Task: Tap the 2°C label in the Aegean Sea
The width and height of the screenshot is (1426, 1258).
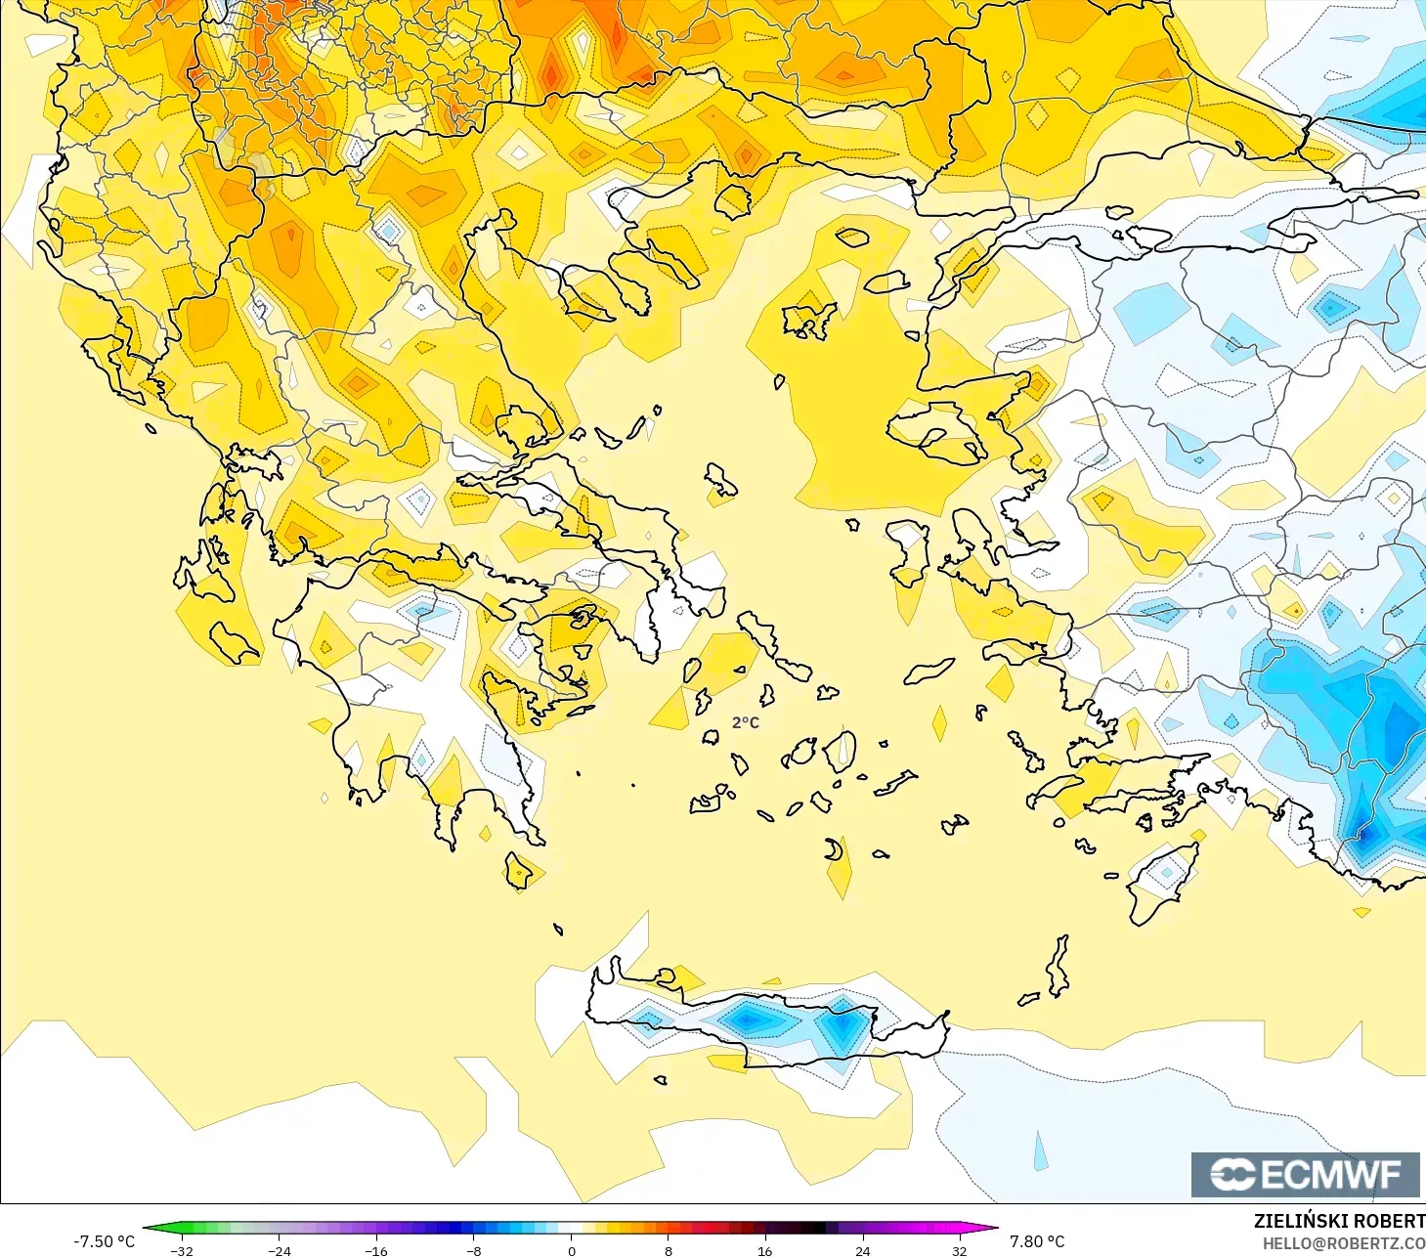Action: coord(745,722)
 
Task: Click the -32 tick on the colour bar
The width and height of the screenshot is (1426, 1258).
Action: coord(182,1250)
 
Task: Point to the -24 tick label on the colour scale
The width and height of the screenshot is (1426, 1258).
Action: coord(280,1250)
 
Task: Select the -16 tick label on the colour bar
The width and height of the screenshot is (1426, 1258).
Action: coord(376,1250)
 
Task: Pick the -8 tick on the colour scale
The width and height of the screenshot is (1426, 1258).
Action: coord(474,1250)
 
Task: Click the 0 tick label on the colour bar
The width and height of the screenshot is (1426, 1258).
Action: coord(572,1250)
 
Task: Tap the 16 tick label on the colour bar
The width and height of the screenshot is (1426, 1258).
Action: coord(764,1250)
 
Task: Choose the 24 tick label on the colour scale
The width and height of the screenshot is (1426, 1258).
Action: coord(862,1250)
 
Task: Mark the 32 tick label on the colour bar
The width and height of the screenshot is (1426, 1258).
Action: coord(959,1250)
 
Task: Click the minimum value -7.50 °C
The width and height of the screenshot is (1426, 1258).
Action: coord(105,1241)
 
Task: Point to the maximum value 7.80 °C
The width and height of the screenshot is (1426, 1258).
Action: coord(1037,1241)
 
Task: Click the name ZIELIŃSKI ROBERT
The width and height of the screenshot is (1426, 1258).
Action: coord(1339,1221)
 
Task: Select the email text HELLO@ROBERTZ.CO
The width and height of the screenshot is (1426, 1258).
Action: coord(1344,1243)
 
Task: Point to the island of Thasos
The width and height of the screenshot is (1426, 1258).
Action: coord(733,200)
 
